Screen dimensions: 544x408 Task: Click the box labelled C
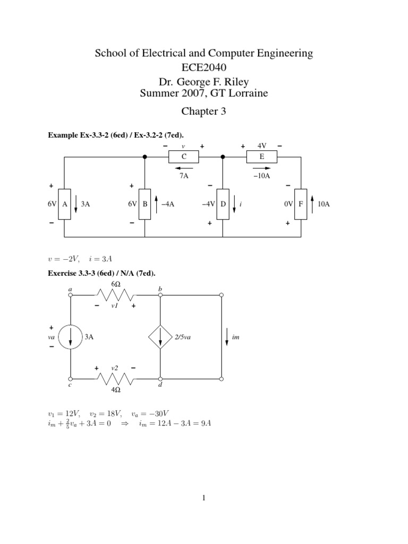pos(183,156)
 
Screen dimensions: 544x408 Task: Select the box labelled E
pos(261,156)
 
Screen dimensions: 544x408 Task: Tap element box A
pos(64,203)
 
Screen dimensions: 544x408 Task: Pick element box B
pos(144,203)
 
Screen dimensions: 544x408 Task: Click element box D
pos(223,203)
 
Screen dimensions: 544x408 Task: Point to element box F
pos(301,203)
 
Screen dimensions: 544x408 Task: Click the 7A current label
pos(184,175)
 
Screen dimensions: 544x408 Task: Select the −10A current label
pos(262,175)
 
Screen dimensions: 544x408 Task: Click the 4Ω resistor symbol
pos(115,379)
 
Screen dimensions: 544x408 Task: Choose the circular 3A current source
pos(71,337)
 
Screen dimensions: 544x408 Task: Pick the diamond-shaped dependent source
pos(160,337)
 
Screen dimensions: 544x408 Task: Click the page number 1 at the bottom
pos(203,498)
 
